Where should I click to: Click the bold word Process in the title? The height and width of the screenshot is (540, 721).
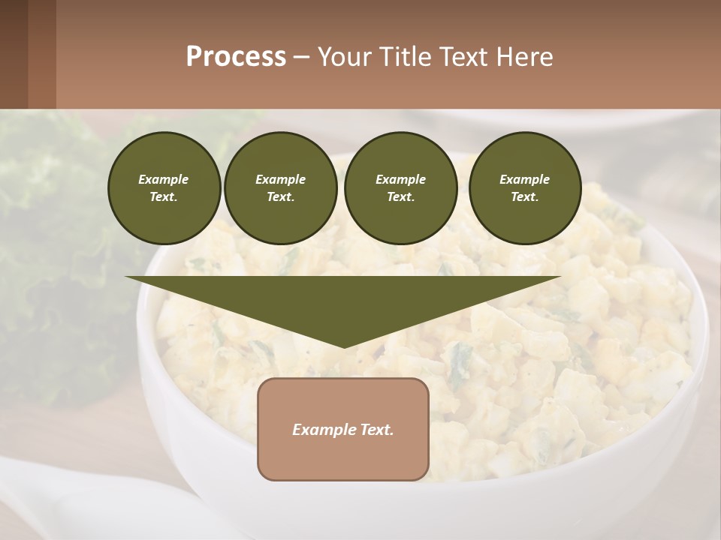pos(236,57)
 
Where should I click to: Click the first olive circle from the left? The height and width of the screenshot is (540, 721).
pos(164,188)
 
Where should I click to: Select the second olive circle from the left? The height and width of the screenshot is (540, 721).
pos(280,188)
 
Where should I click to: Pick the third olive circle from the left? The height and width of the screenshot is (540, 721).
pos(400,188)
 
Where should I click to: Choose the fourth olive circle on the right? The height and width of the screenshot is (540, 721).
pos(524,188)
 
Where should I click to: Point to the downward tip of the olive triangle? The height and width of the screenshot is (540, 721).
pos(344,346)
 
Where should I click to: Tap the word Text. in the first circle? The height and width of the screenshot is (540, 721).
pos(164,197)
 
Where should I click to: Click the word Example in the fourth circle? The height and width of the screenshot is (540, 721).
pos(524,179)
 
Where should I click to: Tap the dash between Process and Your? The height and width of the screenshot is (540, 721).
pos(301,57)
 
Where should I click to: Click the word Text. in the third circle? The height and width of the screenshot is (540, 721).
pos(400,197)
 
